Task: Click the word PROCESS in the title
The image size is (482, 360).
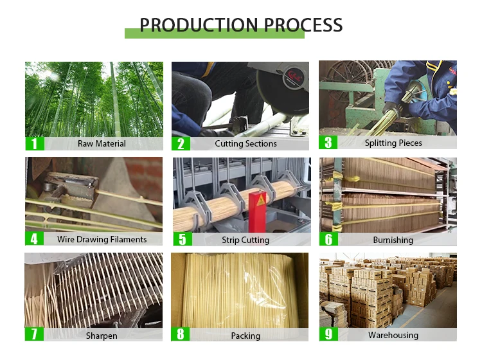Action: click(x=298, y=25)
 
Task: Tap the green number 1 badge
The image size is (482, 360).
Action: click(x=34, y=143)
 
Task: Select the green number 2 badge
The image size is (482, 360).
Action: click(x=181, y=143)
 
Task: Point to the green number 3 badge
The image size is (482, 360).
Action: click(x=328, y=143)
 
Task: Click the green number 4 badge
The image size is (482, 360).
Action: click(x=34, y=239)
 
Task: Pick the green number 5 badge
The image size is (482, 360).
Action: click(x=182, y=240)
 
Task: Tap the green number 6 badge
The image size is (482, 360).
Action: click(x=328, y=239)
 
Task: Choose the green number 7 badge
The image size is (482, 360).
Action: click(x=34, y=335)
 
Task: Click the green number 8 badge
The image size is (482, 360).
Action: click(x=181, y=335)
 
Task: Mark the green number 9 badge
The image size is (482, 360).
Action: click(x=328, y=334)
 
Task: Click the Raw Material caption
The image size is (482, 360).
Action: click(x=102, y=143)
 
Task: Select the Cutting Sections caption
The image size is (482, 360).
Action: click(x=245, y=143)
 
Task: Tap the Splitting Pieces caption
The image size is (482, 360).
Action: click(x=393, y=143)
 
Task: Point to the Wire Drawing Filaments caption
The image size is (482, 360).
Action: click(x=102, y=239)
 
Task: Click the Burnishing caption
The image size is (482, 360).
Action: click(x=393, y=240)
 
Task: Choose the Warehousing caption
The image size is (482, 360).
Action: click(x=393, y=335)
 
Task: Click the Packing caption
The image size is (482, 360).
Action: click(x=245, y=336)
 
